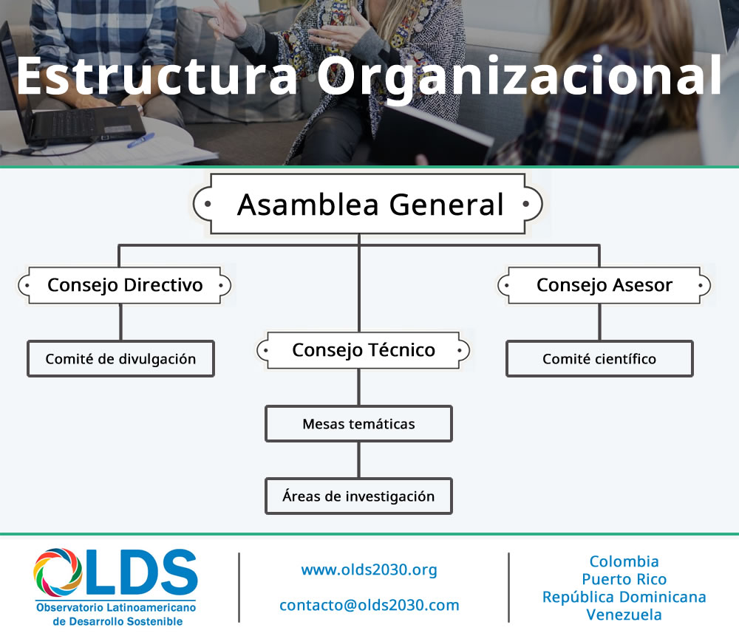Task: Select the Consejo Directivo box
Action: (x=124, y=285)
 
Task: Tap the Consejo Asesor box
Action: (x=604, y=285)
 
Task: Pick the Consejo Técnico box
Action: (x=363, y=350)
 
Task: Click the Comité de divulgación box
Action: (x=120, y=359)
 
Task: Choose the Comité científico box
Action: (x=599, y=359)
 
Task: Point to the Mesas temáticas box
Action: (x=358, y=424)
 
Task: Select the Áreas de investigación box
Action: (x=358, y=496)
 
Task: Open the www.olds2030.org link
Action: (x=369, y=570)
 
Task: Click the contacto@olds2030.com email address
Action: (x=369, y=605)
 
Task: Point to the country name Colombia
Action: (x=624, y=561)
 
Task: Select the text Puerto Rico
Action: (x=624, y=579)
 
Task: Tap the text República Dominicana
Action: (x=624, y=597)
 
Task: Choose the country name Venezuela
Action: (x=624, y=615)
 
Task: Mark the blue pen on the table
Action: (x=140, y=140)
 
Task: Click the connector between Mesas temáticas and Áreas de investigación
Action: (x=359, y=460)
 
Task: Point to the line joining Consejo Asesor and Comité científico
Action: (x=599, y=322)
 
